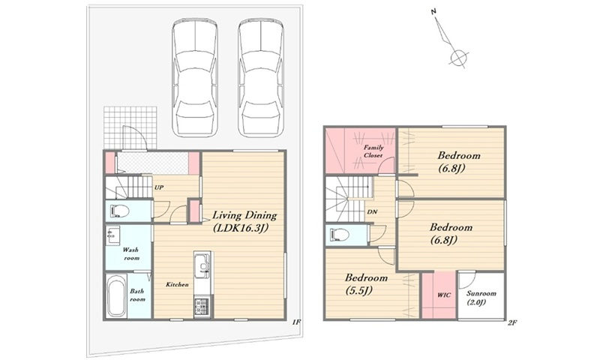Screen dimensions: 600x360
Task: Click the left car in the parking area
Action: coord(195,78)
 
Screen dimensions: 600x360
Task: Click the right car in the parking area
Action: coord(260,78)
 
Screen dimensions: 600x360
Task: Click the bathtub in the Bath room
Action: coord(116,295)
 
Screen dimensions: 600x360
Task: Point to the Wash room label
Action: coord(130,254)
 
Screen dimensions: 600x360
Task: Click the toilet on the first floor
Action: coord(119,211)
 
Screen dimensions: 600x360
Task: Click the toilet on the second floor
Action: coord(339,235)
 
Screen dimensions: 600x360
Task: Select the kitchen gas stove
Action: coord(202,307)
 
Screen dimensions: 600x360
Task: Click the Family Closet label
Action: coord(373,151)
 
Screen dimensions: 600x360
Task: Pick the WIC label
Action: coord(444,295)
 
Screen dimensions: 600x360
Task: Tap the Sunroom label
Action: coord(481,298)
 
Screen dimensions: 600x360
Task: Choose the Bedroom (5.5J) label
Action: coord(366,283)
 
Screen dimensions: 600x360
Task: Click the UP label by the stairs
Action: coord(159,187)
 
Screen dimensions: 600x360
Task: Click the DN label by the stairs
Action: coord(371,211)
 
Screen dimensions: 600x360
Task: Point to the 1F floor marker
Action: coord(296,322)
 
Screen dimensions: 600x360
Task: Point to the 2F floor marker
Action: coord(512,322)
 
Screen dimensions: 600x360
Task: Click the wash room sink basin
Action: coord(113,235)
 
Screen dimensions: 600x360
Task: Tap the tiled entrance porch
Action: coord(130,128)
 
